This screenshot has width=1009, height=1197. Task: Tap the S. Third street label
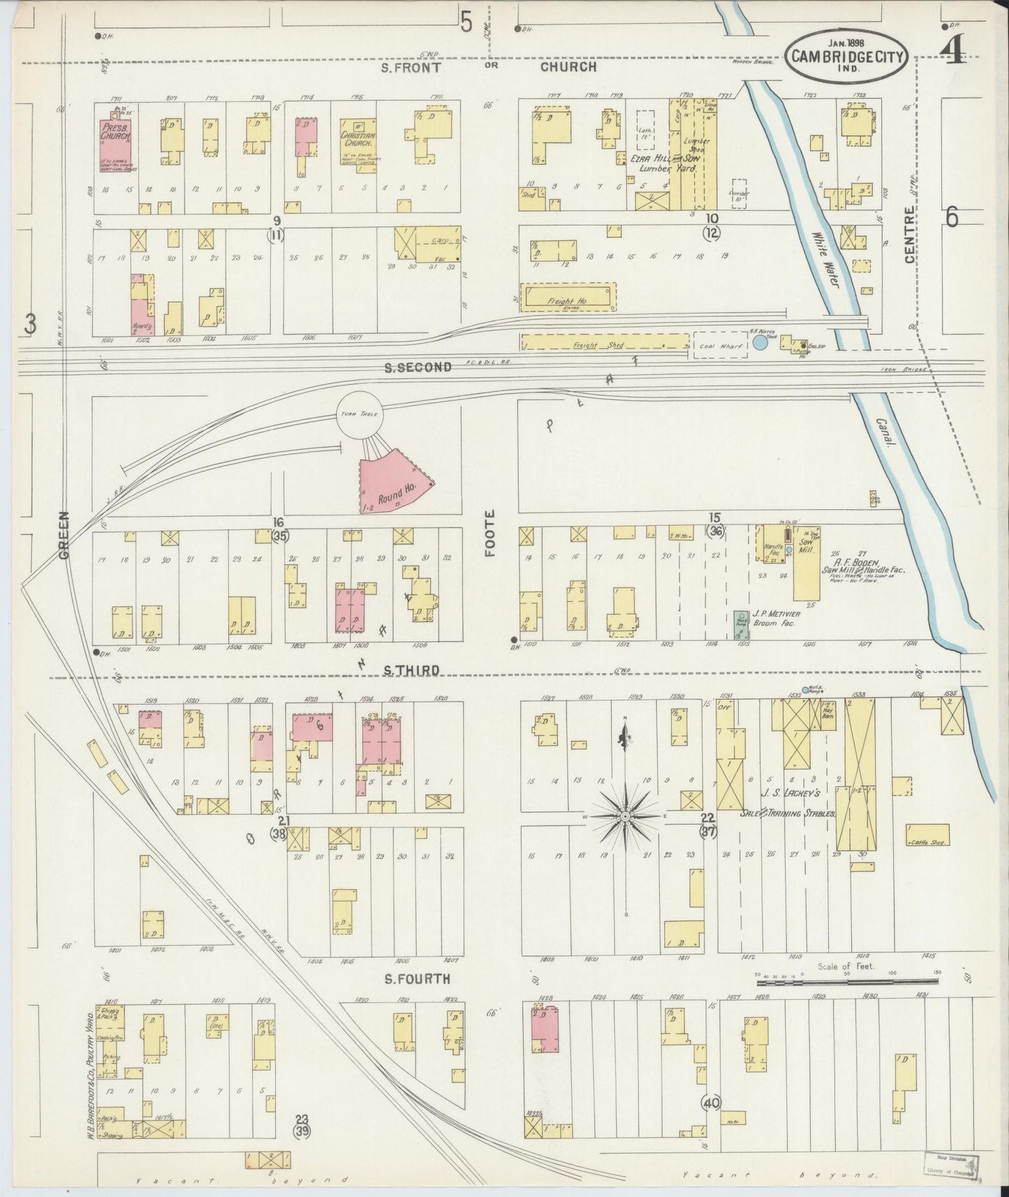412,670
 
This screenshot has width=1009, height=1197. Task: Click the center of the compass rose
626,816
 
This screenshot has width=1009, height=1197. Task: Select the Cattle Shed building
927,835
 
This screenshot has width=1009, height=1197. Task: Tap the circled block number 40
712,1102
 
